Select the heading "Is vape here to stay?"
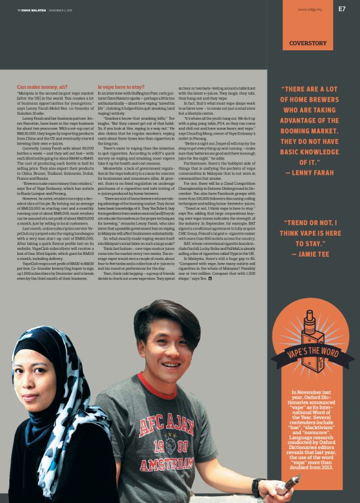click(x=121, y=87)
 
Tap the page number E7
click(x=342, y=9)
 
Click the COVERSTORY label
click(x=308, y=43)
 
